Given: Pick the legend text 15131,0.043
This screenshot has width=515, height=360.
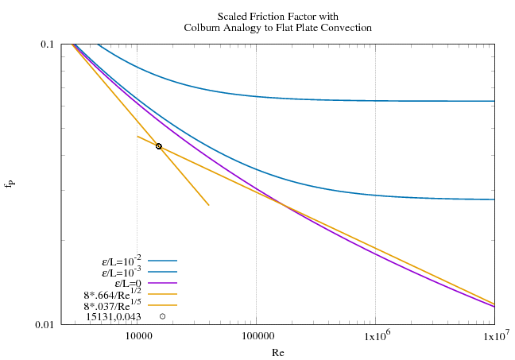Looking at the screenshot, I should coord(114,316).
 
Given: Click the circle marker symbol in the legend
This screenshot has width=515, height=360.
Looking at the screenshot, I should coord(162,316).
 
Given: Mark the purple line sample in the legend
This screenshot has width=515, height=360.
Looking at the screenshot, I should coord(162,283).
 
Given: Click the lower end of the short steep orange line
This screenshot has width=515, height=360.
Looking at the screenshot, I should coord(208,205).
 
